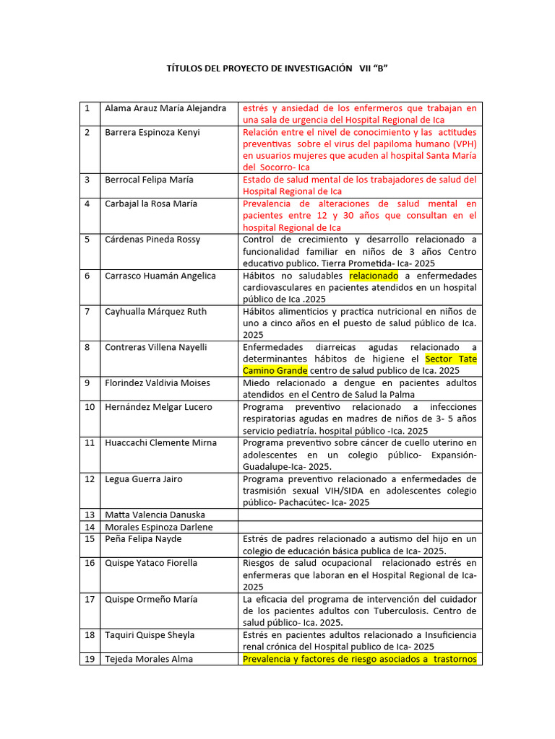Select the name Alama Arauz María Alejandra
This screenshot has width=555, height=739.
pos(165,108)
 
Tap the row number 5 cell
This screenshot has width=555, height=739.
pos(87,240)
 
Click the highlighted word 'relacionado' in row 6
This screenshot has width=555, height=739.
pos(374,276)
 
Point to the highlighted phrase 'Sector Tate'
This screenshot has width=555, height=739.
pos(451,359)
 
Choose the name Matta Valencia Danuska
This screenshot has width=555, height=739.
pos(155,515)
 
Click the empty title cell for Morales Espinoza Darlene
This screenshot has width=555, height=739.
pos(360,527)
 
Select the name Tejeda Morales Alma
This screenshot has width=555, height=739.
pos(149,658)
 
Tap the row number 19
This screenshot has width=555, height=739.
pos(90,658)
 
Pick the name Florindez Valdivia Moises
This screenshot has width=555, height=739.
pos(158,382)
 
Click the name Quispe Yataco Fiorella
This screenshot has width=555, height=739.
pos(151,563)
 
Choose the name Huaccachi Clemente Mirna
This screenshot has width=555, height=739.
pos(160,442)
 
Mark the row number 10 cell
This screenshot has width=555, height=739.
pos(90,407)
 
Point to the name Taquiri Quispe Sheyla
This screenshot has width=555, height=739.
pos(150,635)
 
